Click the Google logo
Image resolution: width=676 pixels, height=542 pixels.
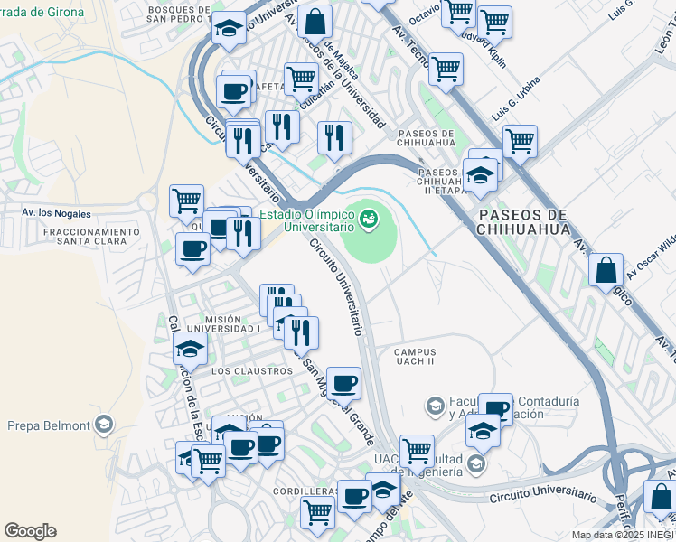coord(30,531)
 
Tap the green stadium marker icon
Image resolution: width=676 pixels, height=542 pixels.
coord(368,219)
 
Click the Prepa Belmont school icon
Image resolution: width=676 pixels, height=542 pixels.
coord(104,425)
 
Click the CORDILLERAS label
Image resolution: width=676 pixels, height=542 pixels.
coord(306,492)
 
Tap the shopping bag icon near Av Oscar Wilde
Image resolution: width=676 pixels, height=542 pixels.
coord(606,270)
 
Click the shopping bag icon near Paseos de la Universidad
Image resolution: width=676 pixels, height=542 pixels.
coord(315,21)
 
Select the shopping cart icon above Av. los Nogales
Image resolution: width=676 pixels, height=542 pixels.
coord(186,200)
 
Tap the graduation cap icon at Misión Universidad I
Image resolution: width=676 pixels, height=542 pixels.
coord(190,348)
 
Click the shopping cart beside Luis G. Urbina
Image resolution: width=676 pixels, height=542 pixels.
coord(520,141)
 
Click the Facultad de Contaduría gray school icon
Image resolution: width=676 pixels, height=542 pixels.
coord(436,406)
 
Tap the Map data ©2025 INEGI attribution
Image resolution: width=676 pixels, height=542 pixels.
coord(622,535)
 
